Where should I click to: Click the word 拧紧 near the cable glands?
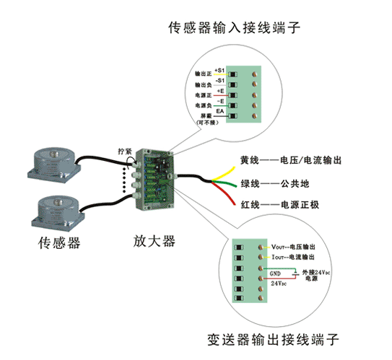point(124,152)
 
